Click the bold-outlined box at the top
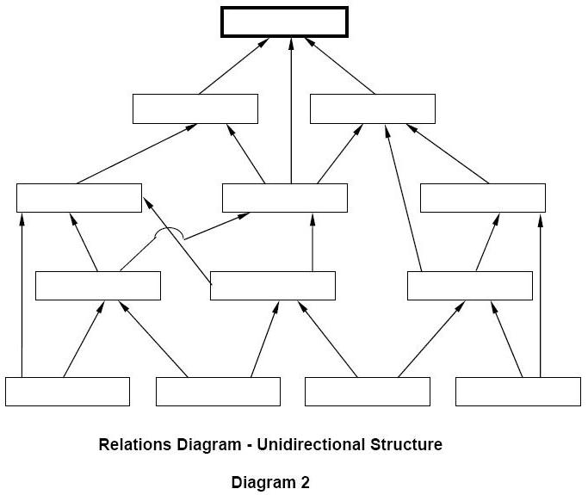click(284, 22)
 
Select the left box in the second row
click(195, 108)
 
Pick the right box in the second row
click(372, 108)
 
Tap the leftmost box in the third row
click(78, 198)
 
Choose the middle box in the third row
click(284, 198)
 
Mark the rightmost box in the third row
click(482, 198)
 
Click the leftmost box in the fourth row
click(97, 286)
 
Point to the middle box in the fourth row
click(272, 286)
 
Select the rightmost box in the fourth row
click(469, 286)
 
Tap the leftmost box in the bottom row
click(67, 392)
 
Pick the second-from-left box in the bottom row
click(218, 392)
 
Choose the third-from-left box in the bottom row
click(367, 392)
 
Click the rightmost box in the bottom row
click(517, 392)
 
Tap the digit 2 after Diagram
click(305, 482)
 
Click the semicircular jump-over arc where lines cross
click(169, 232)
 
